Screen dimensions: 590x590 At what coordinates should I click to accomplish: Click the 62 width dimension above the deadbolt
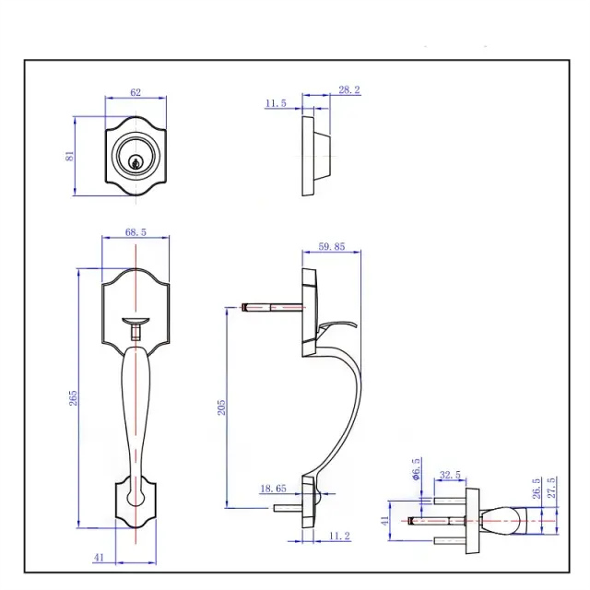coord(135,93)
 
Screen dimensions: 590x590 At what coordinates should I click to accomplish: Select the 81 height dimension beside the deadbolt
coord(69,156)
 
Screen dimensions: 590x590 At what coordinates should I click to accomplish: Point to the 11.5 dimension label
coord(276,104)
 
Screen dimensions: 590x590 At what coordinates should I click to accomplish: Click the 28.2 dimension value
coord(348,89)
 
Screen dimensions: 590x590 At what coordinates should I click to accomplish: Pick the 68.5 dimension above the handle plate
coord(135,233)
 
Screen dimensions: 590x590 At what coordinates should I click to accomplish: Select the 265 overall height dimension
coord(73,397)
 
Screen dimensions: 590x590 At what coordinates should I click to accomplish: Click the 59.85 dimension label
coord(331,246)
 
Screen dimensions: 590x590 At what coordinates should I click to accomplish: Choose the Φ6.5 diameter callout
coord(417,467)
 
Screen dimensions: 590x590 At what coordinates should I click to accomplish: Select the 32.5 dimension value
coord(451,477)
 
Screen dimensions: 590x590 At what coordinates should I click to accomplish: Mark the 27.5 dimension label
coord(551,488)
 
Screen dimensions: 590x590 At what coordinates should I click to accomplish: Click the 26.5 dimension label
coord(536,488)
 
